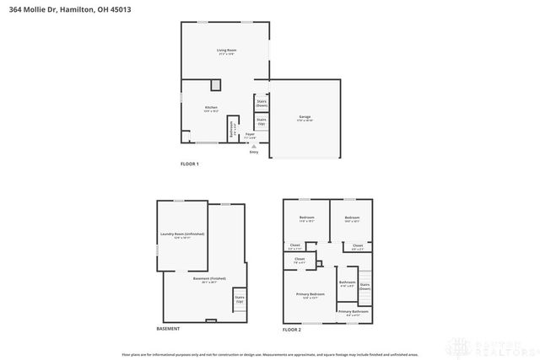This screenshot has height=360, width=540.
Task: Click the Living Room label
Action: pos(226,51)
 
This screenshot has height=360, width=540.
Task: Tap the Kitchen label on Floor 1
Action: pos(212,108)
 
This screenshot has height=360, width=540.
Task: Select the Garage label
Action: pos(305,117)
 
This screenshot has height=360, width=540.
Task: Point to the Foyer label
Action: pos(250,135)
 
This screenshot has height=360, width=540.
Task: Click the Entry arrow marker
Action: pos(252,146)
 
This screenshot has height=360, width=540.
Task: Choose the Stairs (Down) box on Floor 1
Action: pos(262,103)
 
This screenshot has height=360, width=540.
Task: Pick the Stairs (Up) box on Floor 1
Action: pos(262,122)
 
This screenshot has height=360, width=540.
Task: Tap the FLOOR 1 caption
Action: pos(190,164)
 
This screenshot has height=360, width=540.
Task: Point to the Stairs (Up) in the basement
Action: pos(239,299)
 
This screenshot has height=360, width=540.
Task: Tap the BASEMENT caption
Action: pos(168,329)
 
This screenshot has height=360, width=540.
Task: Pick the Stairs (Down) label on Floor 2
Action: pos(364,286)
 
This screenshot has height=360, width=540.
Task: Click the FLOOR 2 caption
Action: pos(292,330)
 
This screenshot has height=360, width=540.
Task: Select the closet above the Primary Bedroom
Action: pos(300,261)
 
